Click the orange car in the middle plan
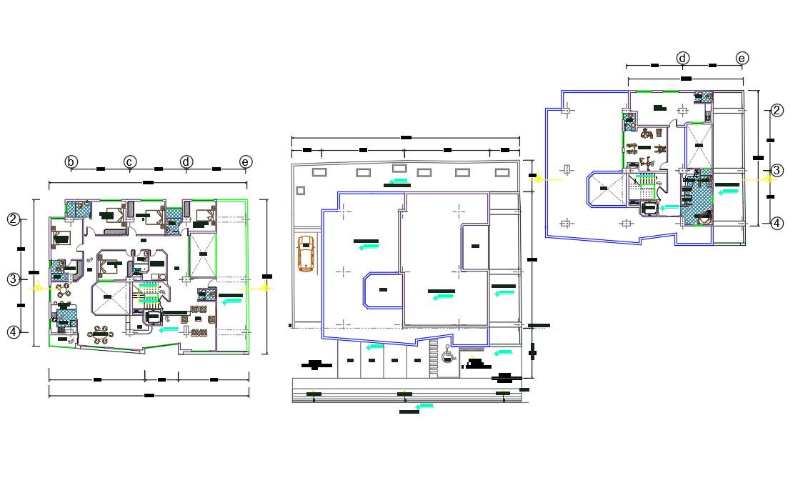306,254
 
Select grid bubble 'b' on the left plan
71,162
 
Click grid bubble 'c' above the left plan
129,162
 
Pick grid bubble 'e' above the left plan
246,162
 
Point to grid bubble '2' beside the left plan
13,219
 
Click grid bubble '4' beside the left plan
13,332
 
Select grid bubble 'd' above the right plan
683,58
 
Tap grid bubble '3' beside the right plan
777,170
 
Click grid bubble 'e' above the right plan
742,58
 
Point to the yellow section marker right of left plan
266,287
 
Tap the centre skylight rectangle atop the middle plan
398,169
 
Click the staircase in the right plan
646,187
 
